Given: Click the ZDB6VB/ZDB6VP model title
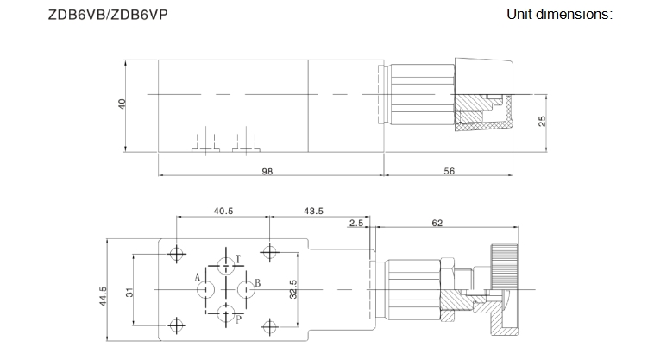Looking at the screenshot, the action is tap(108, 15).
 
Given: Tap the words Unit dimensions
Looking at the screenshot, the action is tap(559, 14).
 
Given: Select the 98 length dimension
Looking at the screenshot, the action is tap(267, 172).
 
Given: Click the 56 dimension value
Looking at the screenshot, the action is tap(450, 171).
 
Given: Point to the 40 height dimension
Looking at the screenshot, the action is tap(122, 104).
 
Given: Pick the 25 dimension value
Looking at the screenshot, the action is tap(542, 122).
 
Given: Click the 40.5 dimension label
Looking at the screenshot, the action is tap(223, 211).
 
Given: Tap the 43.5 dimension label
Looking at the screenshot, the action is tap(313, 211).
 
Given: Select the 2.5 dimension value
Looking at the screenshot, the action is tap(356, 224).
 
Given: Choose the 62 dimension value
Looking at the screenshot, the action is tap(437, 224).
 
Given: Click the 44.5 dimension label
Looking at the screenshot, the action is tap(103, 296).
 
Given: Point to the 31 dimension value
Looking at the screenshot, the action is tap(129, 293).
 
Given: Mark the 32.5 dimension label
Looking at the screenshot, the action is tap(293, 289).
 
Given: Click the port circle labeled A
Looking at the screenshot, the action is tap(206, 289).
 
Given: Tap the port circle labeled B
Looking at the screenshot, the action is tap(247, 289).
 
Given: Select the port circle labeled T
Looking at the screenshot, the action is tap(226, 265).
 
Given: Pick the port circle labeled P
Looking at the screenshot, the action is tap(226, 313).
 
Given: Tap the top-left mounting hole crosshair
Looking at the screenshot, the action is tap(177, 253).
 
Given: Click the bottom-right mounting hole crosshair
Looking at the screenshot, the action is tap(270, 326).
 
